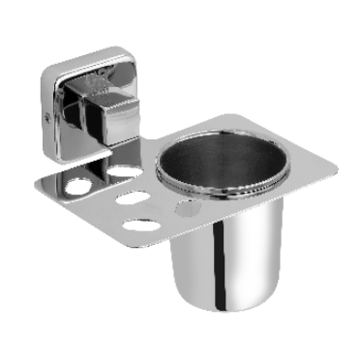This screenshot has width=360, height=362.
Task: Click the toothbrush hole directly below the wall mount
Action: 121,169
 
